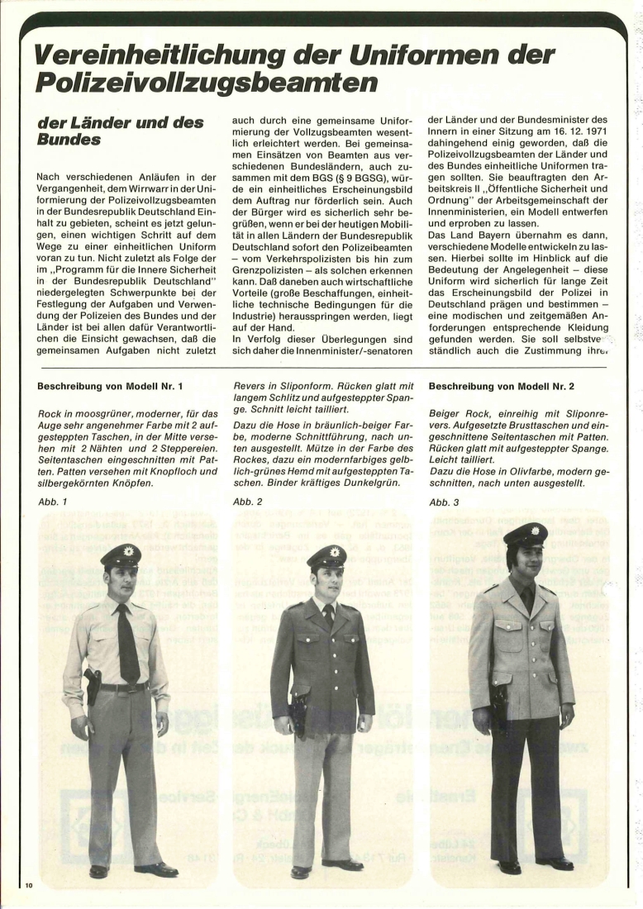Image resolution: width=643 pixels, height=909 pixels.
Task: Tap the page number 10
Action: coord(29,886)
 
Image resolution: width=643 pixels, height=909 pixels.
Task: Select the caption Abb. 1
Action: coord(52,502)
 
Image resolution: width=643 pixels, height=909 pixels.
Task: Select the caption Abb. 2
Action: coord(248,502)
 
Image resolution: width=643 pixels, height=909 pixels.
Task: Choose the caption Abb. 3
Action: coord(444,502)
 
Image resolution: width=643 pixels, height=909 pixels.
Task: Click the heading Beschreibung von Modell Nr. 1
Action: coord(111,386)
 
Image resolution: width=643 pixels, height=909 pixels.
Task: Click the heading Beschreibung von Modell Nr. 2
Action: coord(503,386)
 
